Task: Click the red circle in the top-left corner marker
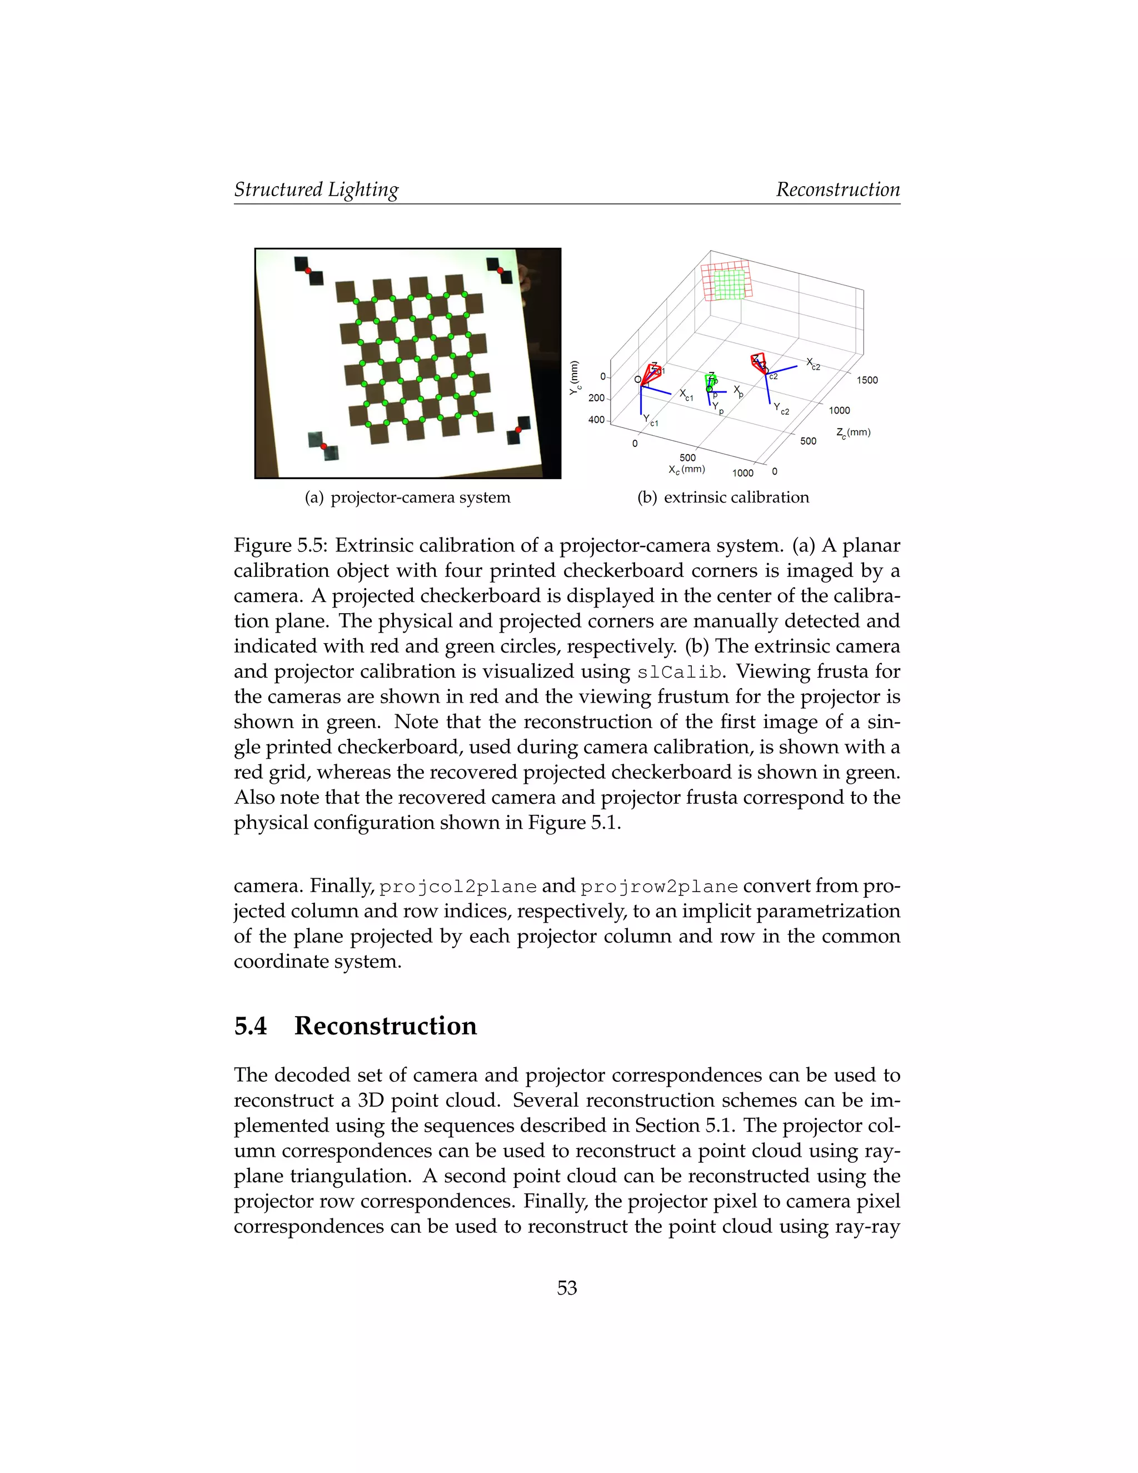pos(308,271)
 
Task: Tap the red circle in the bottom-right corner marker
pos(518,430)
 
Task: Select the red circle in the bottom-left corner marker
pos(323,446)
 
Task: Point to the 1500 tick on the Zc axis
pos(867,380)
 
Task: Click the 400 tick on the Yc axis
pos(596,420)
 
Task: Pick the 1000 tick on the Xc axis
pos(742,473)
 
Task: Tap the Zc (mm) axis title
pos(853,433)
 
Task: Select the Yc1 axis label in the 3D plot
pos(651,421)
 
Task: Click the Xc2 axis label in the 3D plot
pos(813,365)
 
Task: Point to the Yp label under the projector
pos(718,407)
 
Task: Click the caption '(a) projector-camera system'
pos(407,497)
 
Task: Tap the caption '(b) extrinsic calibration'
pos(723,497)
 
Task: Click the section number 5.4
pos(250,1026)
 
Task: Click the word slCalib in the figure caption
pos(678,673)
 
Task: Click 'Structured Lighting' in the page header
pos(316,190)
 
